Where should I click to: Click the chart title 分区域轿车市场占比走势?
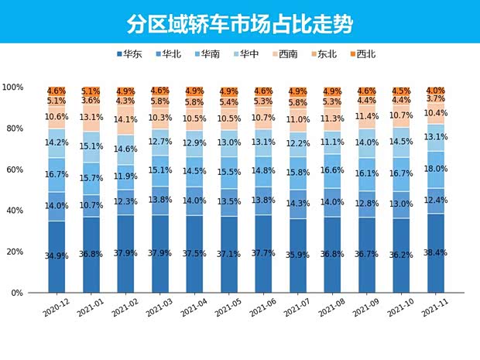tap(240, 23)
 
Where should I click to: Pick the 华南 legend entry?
tap(211, 54)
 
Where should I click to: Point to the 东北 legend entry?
tap(328, 54)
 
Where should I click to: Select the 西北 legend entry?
tap(365, 54)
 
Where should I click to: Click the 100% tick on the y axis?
tap(15, 87)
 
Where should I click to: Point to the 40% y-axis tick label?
tap(18, 211)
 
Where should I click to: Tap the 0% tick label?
tap(20, 293)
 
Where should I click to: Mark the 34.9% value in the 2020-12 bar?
tap(57, 255)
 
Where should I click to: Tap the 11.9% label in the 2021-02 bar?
tap(125, 176)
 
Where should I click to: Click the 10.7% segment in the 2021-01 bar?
tap(91, 205)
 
